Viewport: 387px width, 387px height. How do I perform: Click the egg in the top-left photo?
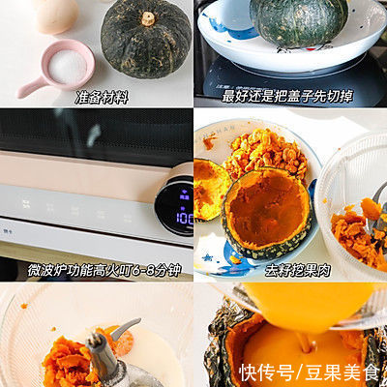click(54, 14)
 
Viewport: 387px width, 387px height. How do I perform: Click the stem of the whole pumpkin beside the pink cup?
click(148, 18)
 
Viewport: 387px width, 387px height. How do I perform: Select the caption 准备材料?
click(103, 97)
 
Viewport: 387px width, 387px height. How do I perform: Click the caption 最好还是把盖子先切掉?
click(290, 98)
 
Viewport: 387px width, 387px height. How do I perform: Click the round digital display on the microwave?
click(175, 205)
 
